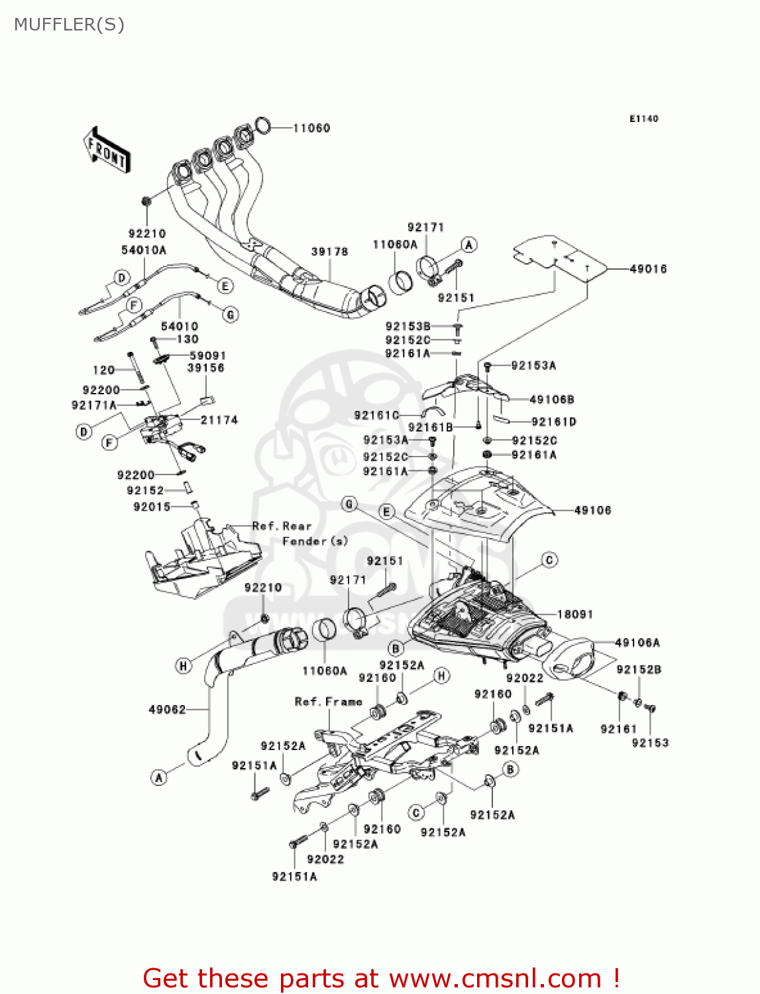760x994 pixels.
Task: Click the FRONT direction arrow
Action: click(x=106, y=150)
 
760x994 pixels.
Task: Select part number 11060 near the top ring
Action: click(x=311, y=128)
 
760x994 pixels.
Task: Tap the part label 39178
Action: click(x=329, y=252)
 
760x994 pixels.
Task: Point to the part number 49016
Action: click(x=648, y=269)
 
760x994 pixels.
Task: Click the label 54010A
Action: click(x=144, y=250)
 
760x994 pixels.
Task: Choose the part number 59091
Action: click(x=207, y=356)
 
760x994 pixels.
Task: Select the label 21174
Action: click(x=219, y=420)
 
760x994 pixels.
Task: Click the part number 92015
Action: click(x=152, y=507)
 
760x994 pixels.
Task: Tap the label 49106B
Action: click(x=552, y=400)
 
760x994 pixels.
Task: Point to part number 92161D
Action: click(x=554, y=422)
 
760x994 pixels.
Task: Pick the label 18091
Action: click(x=575, y=614)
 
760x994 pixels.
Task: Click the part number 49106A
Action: click(x=637, y=643)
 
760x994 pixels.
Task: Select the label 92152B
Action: click(x=639, y=670)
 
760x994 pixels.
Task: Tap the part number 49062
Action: click(x=167, y=710)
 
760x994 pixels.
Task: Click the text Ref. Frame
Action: click(x=329, y=702)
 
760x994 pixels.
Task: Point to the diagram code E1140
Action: click(x=643, y=119)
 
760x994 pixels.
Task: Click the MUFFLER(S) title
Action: click(x=69, y=25)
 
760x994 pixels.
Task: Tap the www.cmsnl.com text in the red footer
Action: click(x=494, y=979)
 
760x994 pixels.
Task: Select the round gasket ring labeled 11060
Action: click(x=262, y=125)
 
